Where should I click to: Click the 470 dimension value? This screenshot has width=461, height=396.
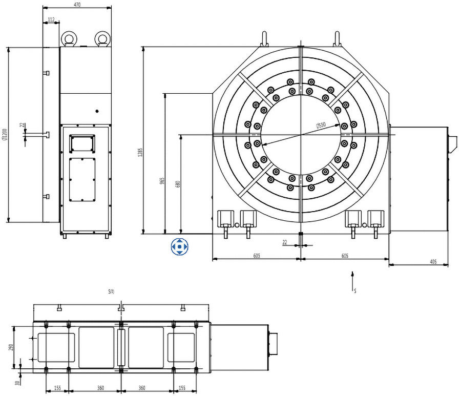[77, 5]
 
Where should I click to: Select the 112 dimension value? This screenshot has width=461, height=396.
[51, 19]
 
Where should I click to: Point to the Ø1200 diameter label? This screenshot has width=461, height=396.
[5, 136]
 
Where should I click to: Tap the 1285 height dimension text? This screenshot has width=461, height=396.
[139, 153]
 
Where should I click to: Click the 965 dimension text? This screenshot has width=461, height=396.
[162, 181]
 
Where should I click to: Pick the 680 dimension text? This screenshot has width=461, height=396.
[178, 184]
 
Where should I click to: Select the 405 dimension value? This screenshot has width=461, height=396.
[433, 262]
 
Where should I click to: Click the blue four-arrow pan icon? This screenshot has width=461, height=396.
[180, 246]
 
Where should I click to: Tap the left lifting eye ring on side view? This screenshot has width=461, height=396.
[69, 38]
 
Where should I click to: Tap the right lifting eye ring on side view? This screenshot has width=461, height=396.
[102, 38]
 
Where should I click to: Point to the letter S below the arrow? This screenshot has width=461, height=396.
[354, 290]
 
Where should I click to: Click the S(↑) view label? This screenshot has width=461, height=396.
[111, 292]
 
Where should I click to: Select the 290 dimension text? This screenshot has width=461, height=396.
[11, 347]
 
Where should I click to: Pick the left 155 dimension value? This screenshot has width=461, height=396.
[57, 388]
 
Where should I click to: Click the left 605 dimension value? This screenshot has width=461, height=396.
[256, 255]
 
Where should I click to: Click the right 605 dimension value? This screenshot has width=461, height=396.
[345, 255]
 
